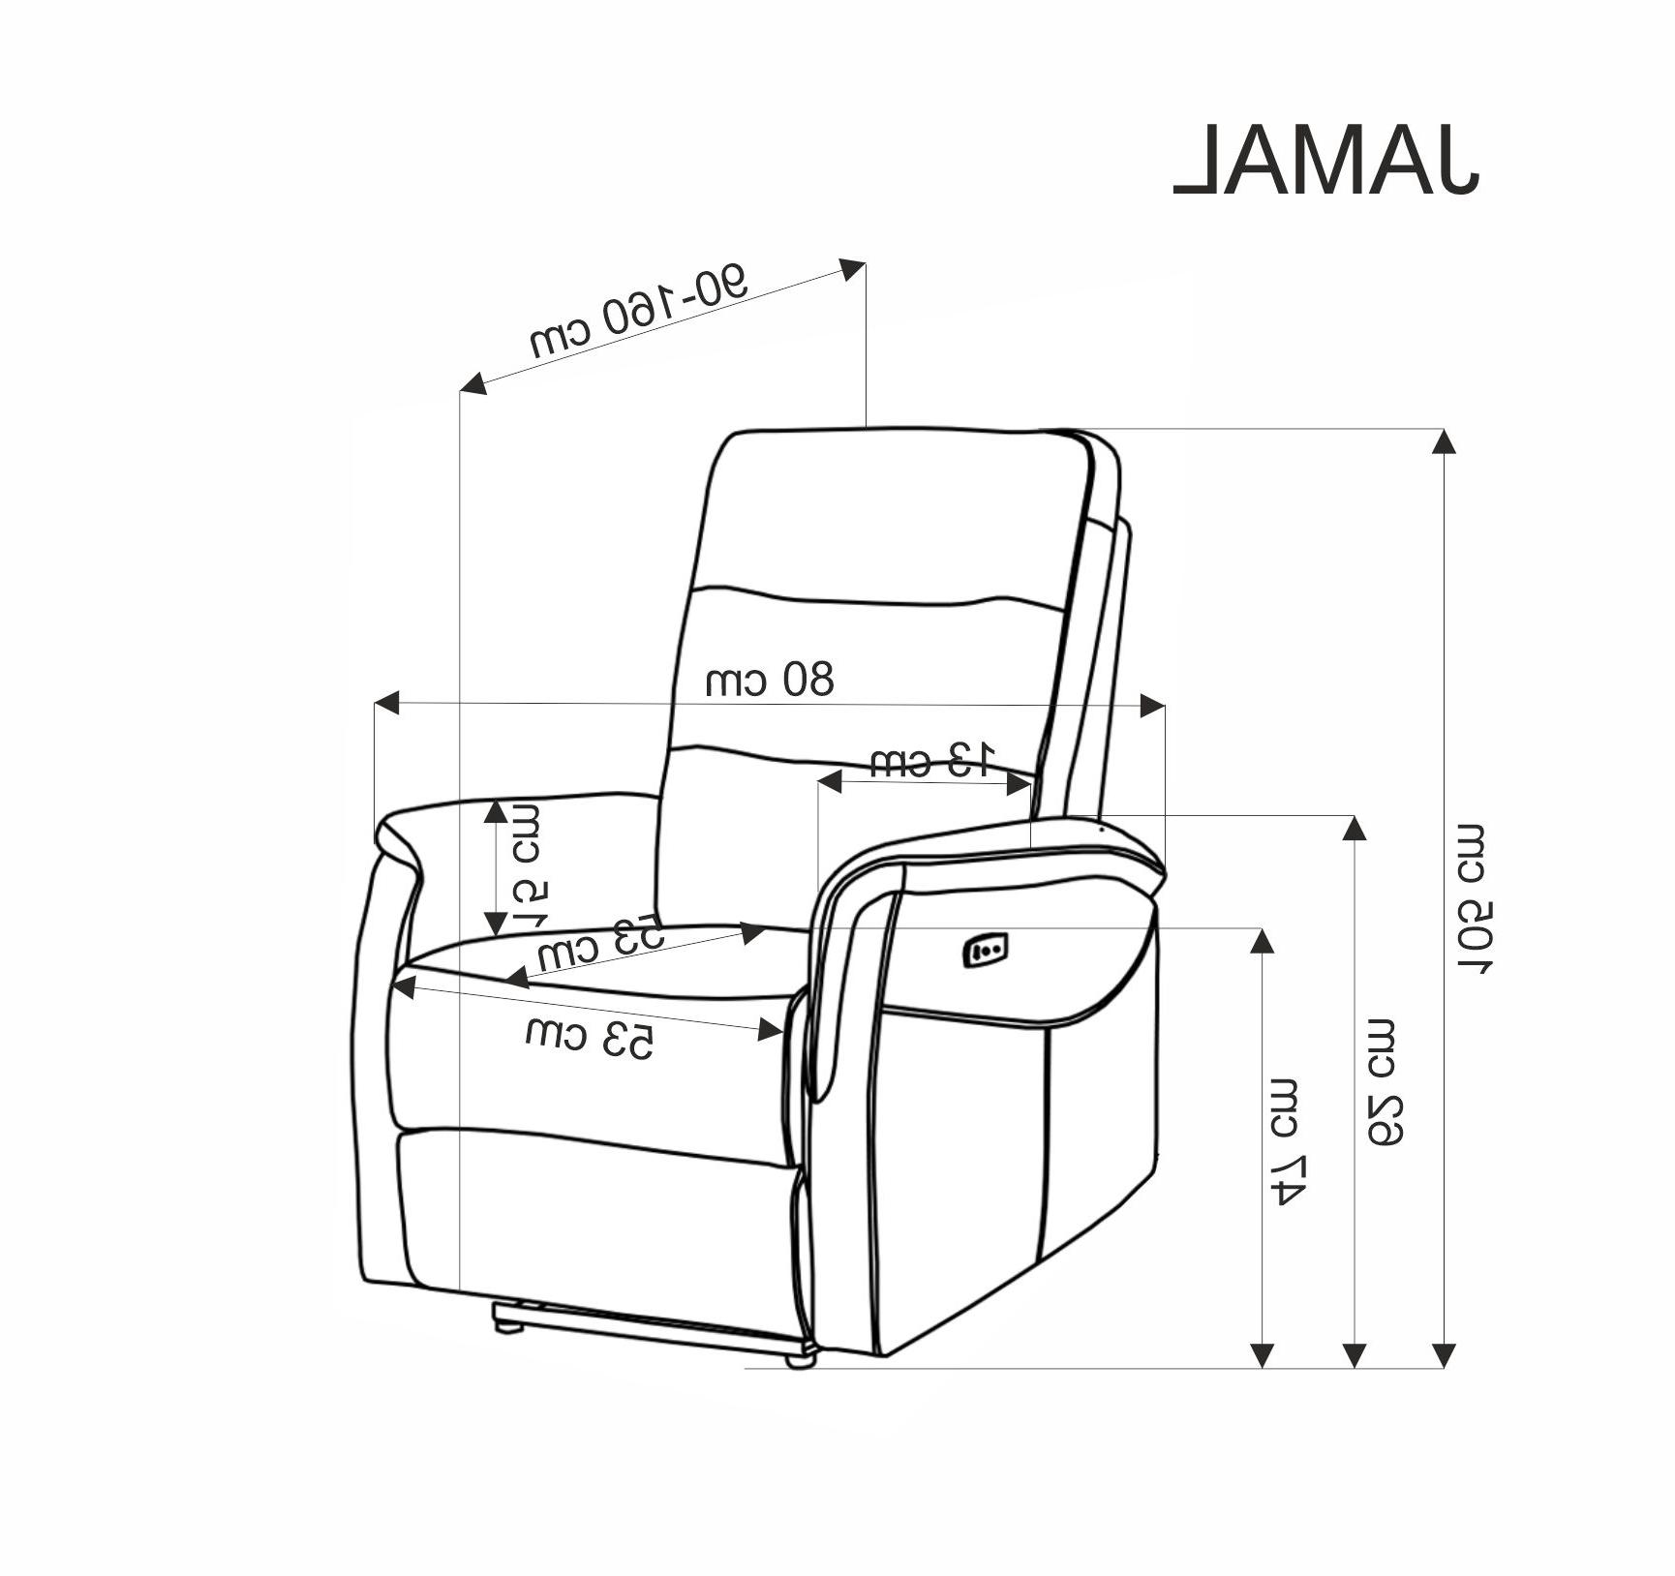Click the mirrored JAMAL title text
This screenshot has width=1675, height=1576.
(1326, 161)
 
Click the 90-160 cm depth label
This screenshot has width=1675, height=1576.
(639, 311)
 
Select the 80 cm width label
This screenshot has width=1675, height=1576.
(769, 680)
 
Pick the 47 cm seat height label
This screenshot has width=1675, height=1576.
(1289, 1140)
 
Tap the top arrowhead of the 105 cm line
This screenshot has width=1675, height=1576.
(1444, 441)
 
